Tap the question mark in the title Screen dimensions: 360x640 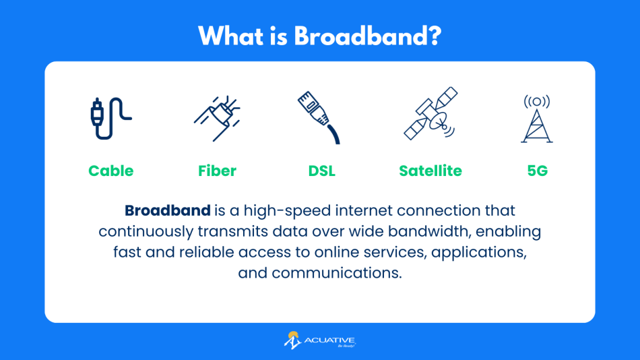[x=435, y=36]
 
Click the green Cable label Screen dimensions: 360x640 [x=111, y=171]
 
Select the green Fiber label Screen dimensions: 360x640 [x=217, y=171]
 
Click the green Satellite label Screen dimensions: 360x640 [x=430, y=171]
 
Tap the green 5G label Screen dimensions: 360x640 [x=537, y=171]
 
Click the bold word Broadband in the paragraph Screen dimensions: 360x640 [x=168, y=210]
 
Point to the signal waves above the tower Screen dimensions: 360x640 [x=537, y=102]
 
